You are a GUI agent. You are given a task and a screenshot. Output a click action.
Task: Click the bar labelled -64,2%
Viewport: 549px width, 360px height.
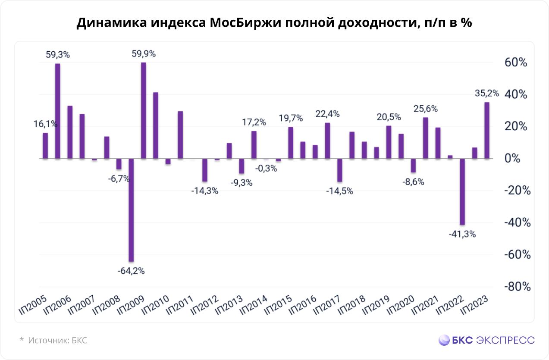[x=131, y=210]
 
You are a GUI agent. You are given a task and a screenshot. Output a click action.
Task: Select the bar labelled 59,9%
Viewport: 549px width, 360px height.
[x=144, y=111]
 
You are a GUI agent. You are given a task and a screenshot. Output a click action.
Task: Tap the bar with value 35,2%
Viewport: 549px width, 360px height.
[x=487, y=130]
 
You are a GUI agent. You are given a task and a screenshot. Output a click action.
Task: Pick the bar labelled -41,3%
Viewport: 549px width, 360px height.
[x=462, y=192]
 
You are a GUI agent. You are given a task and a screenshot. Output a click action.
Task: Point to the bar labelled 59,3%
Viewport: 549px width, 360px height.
[x=57, y=111]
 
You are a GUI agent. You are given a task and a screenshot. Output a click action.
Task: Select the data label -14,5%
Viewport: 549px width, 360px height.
[x=340, y=191]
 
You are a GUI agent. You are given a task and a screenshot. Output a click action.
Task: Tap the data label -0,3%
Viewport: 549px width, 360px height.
[x=266, y=169]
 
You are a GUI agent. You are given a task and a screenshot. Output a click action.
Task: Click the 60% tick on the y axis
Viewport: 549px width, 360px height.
[x=516, y=63]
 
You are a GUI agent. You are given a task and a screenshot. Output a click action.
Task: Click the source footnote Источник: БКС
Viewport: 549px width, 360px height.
[x=58, y=340]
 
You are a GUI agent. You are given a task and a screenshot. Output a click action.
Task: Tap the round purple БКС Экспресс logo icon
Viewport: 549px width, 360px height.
[x=444, y=340]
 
